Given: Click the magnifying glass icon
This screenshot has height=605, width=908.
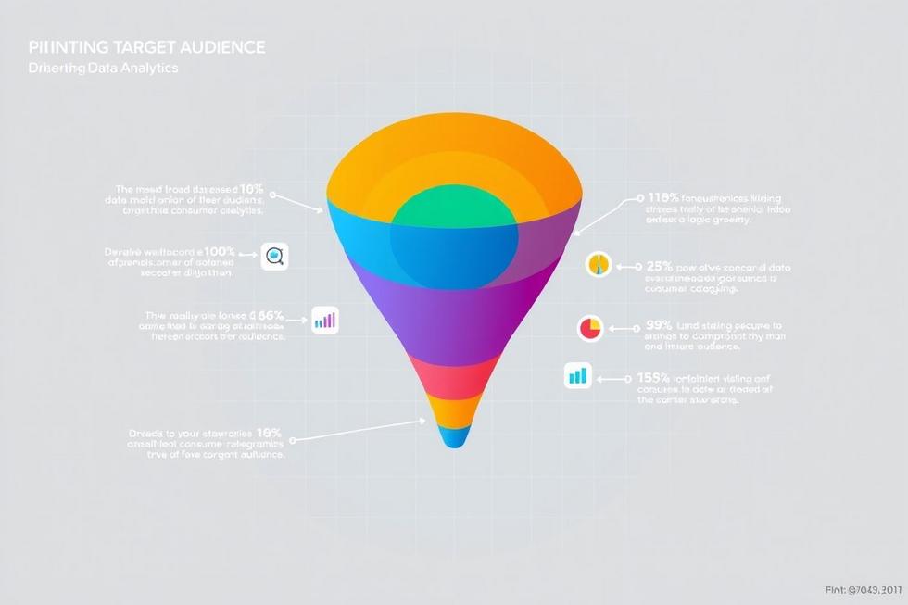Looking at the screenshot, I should click(x=274, y=258).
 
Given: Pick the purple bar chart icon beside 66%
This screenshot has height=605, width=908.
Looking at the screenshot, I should click(x=325, y=321).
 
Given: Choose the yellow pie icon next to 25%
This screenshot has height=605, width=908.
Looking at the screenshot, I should click(x=599, y=264).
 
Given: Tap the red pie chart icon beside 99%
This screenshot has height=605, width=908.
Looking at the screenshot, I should click(x=590, y=327).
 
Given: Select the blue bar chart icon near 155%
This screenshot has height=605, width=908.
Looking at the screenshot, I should click(x=577, y=376).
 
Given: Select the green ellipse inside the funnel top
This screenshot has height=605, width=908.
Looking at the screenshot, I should click(x=453, y=209).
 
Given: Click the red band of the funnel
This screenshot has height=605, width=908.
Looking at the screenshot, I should click(x=453, y=376).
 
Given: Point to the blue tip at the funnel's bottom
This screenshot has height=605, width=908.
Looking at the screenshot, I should click(x=453, y=436).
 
